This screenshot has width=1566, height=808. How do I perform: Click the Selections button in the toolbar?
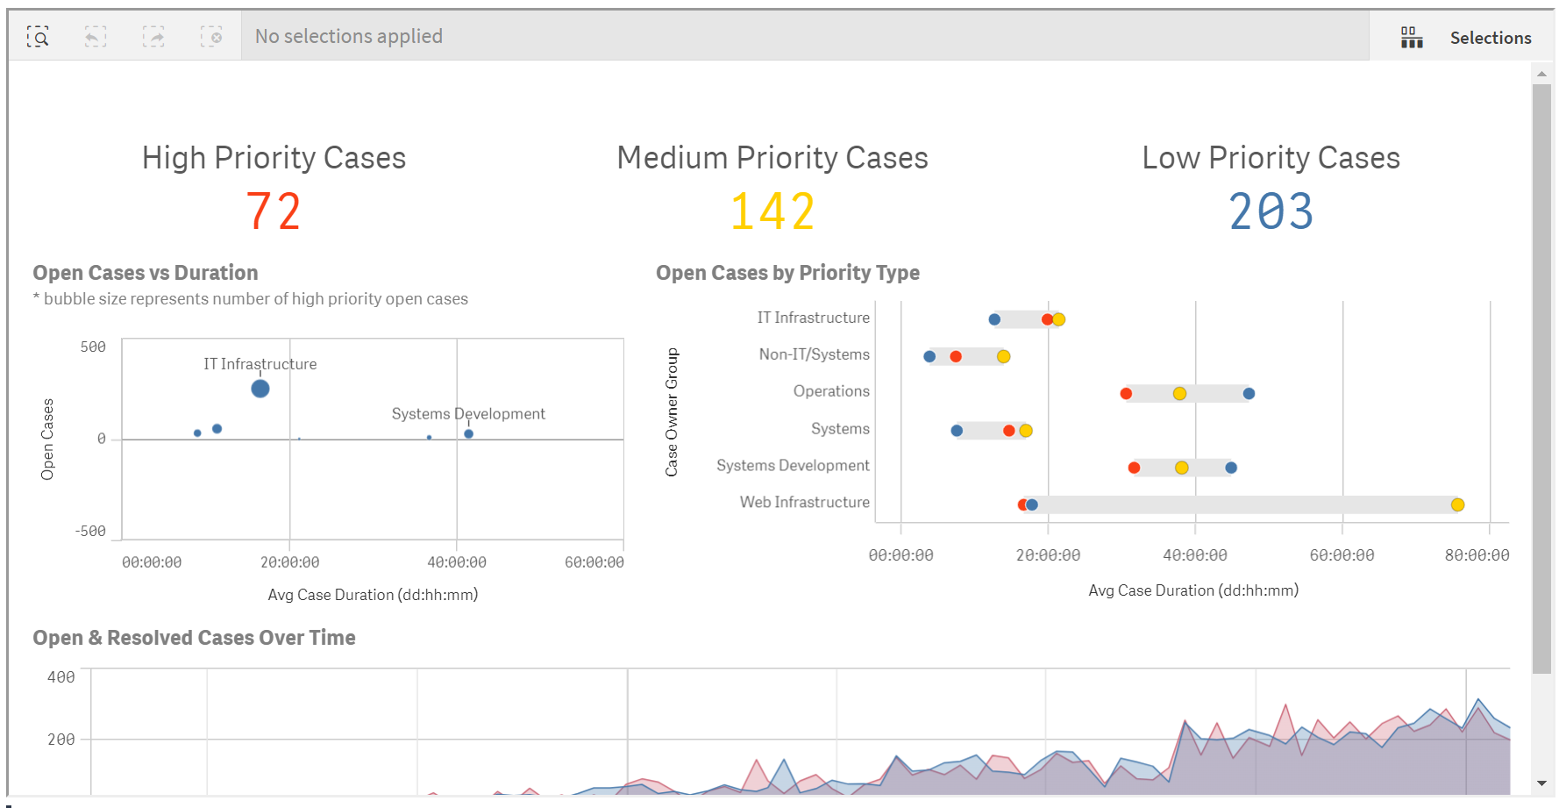pyautogui.click(x=1465, y=38)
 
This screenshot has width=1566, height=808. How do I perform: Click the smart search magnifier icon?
pyautogui.click(x=38, y=36)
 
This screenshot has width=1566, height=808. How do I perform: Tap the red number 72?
pyautogui.click(x=274, y=212)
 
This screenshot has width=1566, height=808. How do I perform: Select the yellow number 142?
pyautogui.click(x=772, y=212)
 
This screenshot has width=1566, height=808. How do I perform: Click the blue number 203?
pyautogui.click(x=1271, y=212)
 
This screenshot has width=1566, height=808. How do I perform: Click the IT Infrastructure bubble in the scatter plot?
pyautogui.click(x=260, y=389)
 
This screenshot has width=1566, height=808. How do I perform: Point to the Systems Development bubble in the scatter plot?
pyautogui.click(x=469, y=433)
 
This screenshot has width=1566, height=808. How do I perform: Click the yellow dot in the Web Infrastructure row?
pyautogui.click(x=1457, y=504)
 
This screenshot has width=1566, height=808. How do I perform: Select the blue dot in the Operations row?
pyautogui.click(x=1249, y=393)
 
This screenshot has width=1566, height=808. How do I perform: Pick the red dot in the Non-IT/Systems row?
pyautogui.click(x=956, y=356)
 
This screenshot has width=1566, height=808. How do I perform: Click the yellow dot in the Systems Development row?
pyautogui.click(x=1182, y=468)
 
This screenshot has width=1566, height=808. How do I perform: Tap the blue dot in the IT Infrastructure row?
pyautogui.click(x=994, y=319)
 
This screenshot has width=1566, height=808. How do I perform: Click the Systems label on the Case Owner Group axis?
pyautogui.click(x=840, y=429)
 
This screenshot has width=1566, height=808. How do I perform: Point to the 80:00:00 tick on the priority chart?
pyautogui.click(x=1477, y=555)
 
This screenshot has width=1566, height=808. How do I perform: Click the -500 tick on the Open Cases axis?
pyautogui.click(x=90, y=532)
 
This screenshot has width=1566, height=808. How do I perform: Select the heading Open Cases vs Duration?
pyautogui.click(x=146, y=273)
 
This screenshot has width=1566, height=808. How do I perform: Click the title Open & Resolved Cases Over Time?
pyautogui.click(x=194, y=638)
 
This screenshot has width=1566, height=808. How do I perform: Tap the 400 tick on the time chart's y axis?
pyautogui.click(x=61, y=677)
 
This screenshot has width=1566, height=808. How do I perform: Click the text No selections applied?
pyautogui.click(x=349, y=36)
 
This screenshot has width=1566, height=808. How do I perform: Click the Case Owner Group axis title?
pyautogui.click(x=672, y=412)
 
